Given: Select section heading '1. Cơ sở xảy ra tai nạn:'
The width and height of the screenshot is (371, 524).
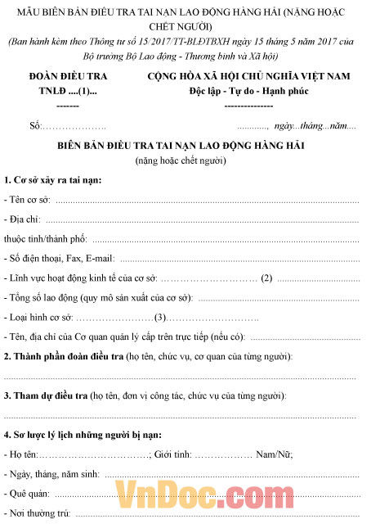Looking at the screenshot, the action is tap(53, 180).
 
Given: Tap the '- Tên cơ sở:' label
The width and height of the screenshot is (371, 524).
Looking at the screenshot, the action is tap(28, 200).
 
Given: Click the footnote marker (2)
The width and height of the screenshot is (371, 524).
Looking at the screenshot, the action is tap(266, 278).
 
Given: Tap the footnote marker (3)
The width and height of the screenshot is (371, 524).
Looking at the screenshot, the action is tap(160, 318).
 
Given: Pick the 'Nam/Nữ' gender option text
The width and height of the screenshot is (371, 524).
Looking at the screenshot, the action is tap(275, 454).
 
